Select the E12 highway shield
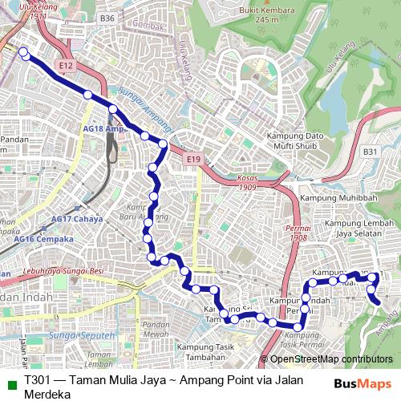[x=66, y=63]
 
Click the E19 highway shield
[x=193, y=160]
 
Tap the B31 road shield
[x=370, y=151]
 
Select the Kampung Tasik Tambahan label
[x=206, y=350]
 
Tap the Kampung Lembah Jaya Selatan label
[x=354, y=229]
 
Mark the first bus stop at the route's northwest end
[x=23, y=53]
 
